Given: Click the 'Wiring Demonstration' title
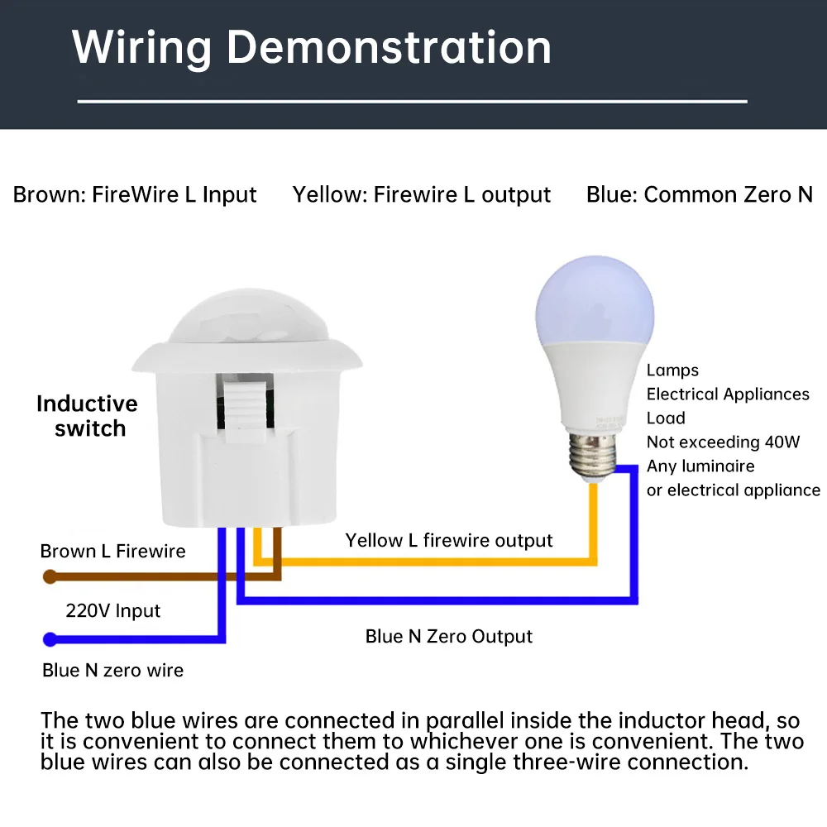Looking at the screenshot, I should (x=312, y=47).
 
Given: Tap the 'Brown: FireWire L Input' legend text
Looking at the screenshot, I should (x=135, y=195).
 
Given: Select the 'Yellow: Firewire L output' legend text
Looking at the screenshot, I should (x=421, y=195).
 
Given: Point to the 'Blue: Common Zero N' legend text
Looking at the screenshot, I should (x=700, y=195).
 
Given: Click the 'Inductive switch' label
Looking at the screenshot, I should (x=88, y=416).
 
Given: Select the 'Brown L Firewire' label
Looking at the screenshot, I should (x=113, y=552).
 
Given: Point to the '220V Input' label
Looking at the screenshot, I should (x=113, y=611).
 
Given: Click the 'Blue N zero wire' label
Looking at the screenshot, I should (x=113, y=670).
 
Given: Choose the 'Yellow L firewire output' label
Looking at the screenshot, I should (x=449, y=541).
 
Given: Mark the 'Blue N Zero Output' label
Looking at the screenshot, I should (x=449, y=636).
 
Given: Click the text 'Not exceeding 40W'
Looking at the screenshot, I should (x=724, y=442).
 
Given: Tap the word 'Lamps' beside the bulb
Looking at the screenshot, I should (x=672, y=370).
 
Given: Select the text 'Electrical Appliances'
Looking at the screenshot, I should (x=728, y=394).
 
